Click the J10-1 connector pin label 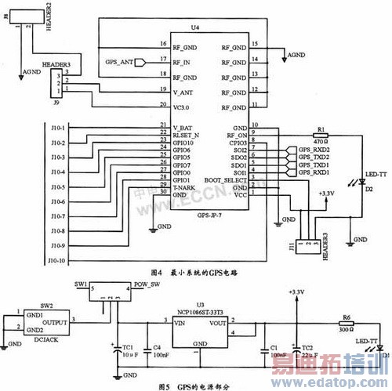coord(58,126)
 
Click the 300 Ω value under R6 coord(346,329)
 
